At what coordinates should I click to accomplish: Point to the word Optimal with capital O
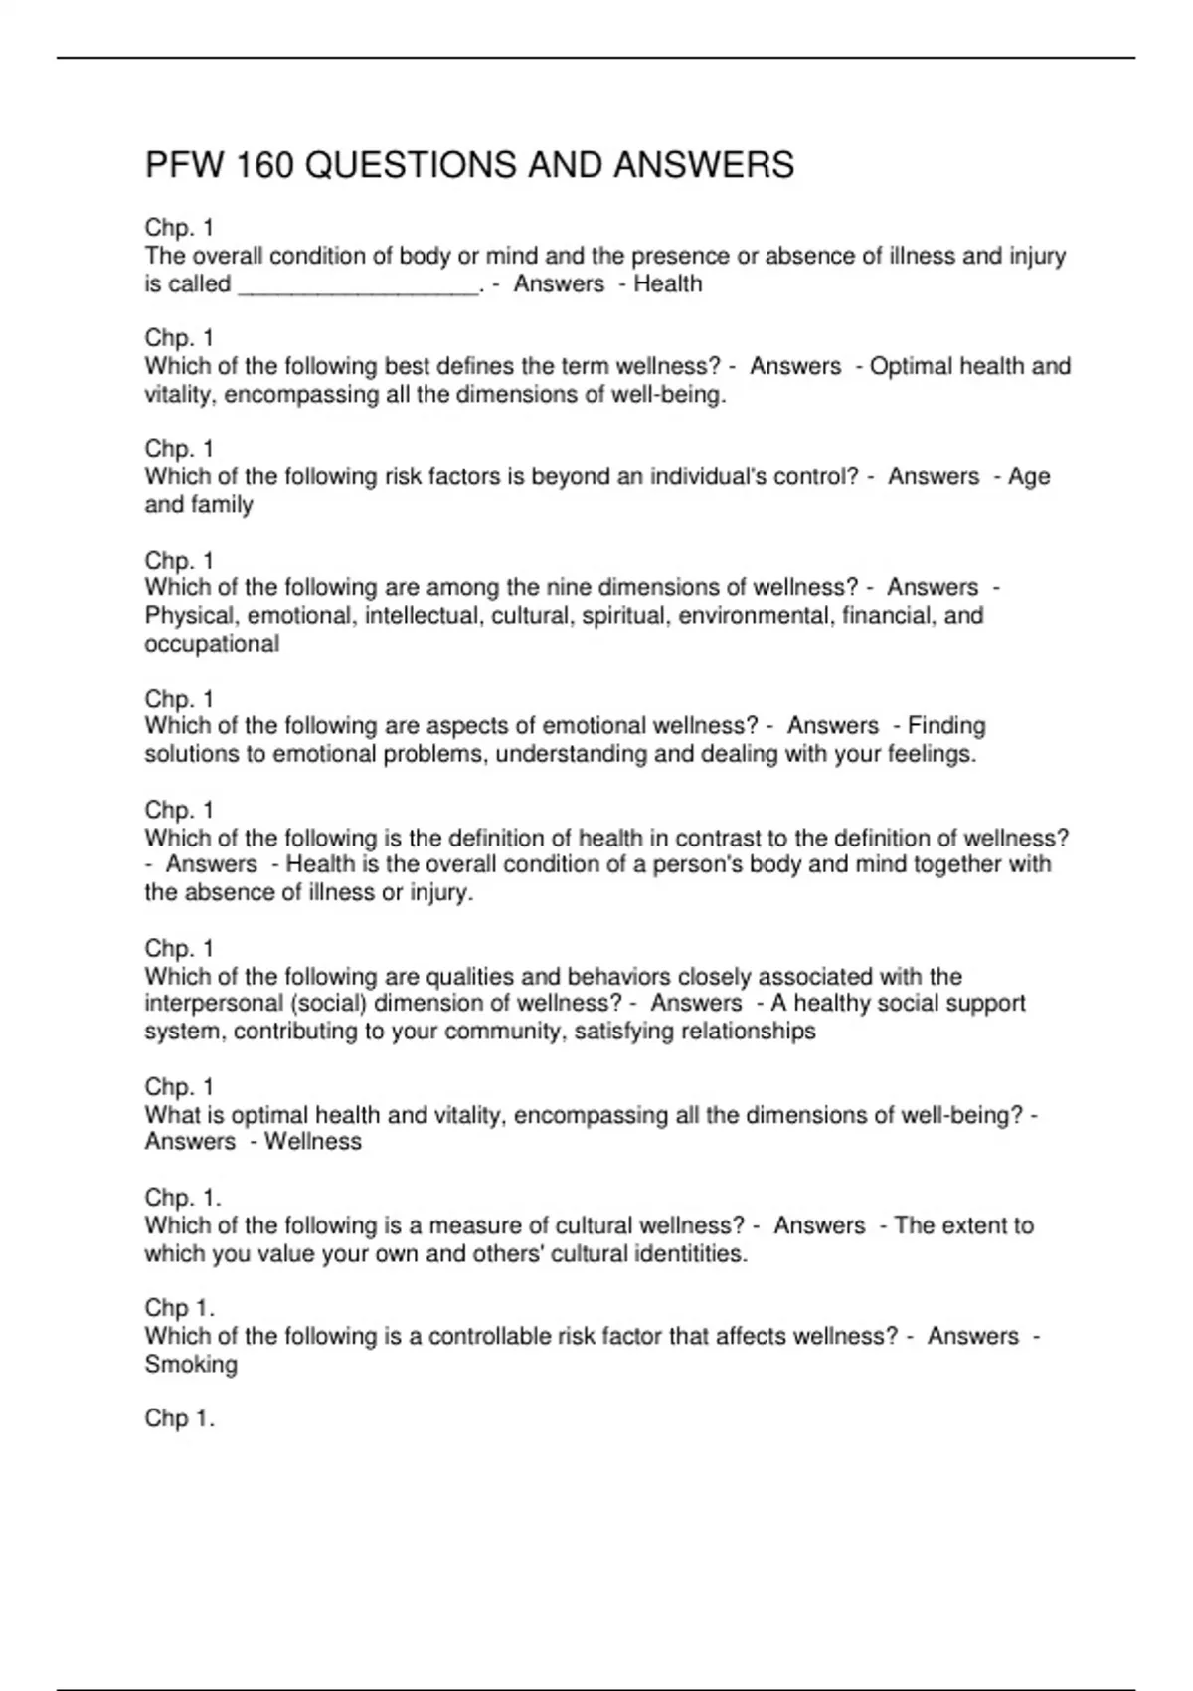click(910, 367)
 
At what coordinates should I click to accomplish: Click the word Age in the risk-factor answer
click(1029, 477)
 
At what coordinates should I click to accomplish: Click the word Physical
click(192, 616)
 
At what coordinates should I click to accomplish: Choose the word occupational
click(212, 644)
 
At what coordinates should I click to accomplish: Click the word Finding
click(946, 726)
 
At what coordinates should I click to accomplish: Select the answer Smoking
click(191, 1364)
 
